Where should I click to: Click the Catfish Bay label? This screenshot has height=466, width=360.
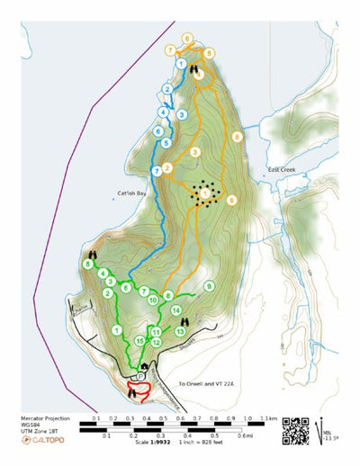click(x=131, y=192)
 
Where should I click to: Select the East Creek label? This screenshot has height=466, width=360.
click(x=281, y=171)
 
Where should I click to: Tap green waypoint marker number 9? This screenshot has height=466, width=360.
click(x=209, y=286)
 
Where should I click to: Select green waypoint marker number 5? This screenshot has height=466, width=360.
click(x=87, y=264)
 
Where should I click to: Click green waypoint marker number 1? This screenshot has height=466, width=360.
click(x=117, y=331)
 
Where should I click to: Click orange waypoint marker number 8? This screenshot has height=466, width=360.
click(x=237, y=136)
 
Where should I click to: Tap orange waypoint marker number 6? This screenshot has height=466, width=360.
click(x=187, y=38)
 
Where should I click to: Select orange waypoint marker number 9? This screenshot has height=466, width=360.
click(x=231, y=200)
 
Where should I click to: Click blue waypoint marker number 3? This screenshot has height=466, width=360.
click(x=183, y=115)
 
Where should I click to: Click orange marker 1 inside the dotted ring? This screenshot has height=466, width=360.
click(x=206, y=193)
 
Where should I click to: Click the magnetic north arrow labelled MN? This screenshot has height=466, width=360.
click(x=322, y=430)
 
